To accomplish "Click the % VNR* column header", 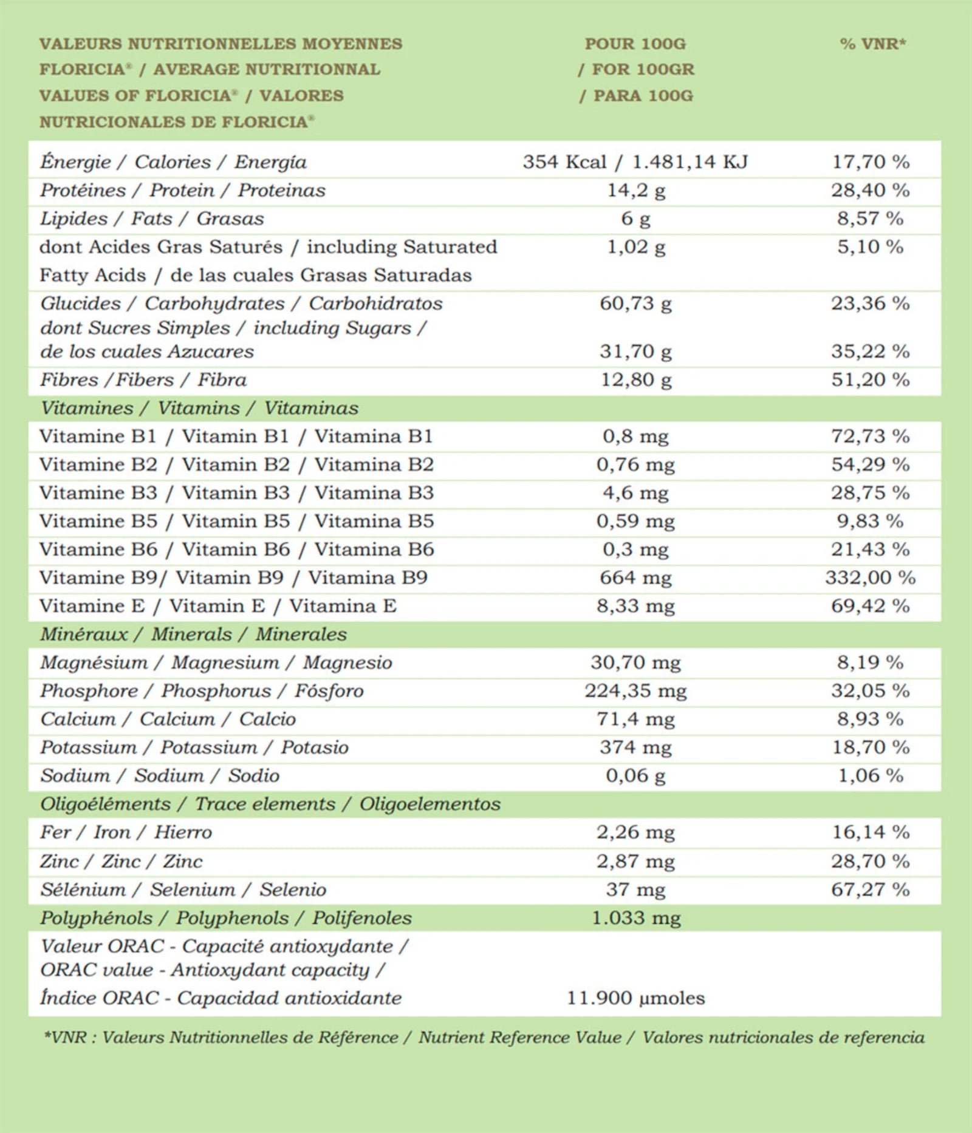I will point(872,44).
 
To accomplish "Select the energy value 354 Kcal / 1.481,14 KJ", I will point(635,162).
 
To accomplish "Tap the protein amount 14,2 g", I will point(636,191).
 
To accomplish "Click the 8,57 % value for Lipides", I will point(870,219).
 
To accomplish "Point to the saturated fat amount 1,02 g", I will point(636,247).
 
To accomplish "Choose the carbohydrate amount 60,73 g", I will point(635,304).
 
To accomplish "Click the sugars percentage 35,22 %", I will point(870,352).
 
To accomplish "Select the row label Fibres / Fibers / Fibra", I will point(143,380).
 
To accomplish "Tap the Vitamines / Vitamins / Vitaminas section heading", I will point(199,408).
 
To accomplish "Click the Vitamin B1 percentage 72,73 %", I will point(870,437).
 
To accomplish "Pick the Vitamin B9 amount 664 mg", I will point(635,577).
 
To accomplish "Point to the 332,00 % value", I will point(870,577).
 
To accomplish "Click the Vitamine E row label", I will point(217,606).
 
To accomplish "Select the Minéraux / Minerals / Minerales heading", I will point(193,635).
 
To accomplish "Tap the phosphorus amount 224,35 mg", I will point(635,691).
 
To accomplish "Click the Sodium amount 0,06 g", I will point(635,775).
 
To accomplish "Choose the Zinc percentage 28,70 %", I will point(870,861).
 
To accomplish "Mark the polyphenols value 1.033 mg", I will point(635,917).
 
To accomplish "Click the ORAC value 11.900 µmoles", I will point(635,998).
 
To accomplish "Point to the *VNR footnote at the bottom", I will point(484,1037).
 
